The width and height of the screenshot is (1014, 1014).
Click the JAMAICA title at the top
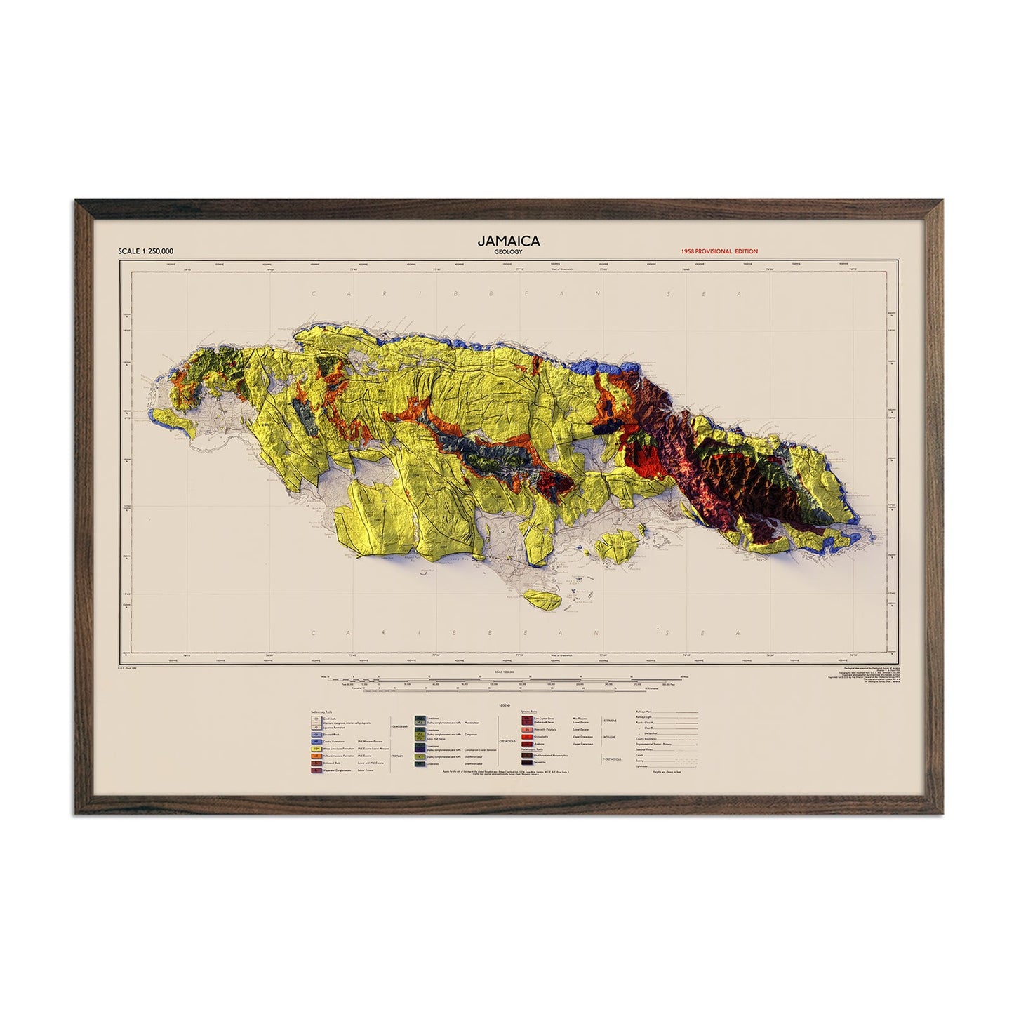coord(508,240)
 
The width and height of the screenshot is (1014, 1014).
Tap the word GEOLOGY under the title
coord(508,251)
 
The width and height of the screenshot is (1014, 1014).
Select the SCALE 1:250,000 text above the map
coord(147,251)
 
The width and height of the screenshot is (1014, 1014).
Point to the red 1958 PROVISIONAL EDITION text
coord(719,251)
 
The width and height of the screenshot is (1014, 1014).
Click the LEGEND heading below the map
coord(505,705)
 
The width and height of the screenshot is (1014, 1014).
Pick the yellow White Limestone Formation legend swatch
coord(316,749)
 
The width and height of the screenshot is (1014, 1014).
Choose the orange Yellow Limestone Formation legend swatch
coord(316,756)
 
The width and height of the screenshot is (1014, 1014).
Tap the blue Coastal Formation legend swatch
coord(316,741)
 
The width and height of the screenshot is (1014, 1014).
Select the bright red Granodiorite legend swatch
coord(527,737)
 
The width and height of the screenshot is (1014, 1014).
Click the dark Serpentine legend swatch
coord(527,762)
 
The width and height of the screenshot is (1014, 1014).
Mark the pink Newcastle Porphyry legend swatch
coord(527,730)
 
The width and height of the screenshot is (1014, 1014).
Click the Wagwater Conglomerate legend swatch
coord(316,770)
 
